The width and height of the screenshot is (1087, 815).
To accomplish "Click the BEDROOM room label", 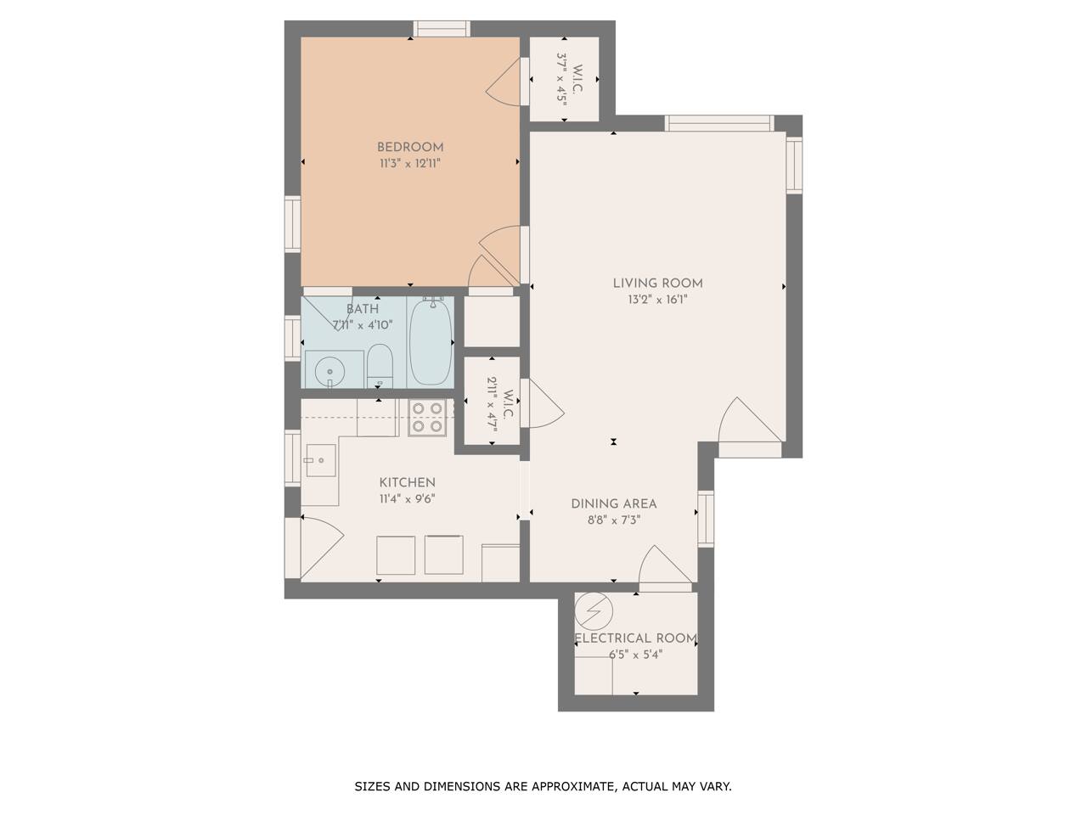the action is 410,147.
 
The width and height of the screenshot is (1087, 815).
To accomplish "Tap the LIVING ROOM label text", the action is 657,283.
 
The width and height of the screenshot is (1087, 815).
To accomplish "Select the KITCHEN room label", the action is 407,482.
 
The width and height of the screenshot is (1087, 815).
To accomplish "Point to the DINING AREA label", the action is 614,503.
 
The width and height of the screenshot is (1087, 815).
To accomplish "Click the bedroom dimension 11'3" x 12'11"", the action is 410,163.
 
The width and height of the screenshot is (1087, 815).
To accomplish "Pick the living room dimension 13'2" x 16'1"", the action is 657,300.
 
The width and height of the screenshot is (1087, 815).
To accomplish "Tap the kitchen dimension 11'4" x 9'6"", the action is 407,498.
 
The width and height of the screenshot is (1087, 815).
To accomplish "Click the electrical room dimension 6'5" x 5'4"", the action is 635,655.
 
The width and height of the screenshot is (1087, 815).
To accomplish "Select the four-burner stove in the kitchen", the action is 427,417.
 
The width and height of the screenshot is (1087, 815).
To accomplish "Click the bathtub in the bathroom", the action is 431,342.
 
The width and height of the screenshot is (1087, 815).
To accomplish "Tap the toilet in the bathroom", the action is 380,366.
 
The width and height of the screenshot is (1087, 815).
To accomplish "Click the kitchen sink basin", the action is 321,460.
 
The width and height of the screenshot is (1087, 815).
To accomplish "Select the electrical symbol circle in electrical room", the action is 594,611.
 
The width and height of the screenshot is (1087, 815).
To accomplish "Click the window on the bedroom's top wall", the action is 442,29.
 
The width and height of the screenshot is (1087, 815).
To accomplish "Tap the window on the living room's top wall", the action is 719,123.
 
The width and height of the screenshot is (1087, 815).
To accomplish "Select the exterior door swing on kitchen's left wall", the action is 322,548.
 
